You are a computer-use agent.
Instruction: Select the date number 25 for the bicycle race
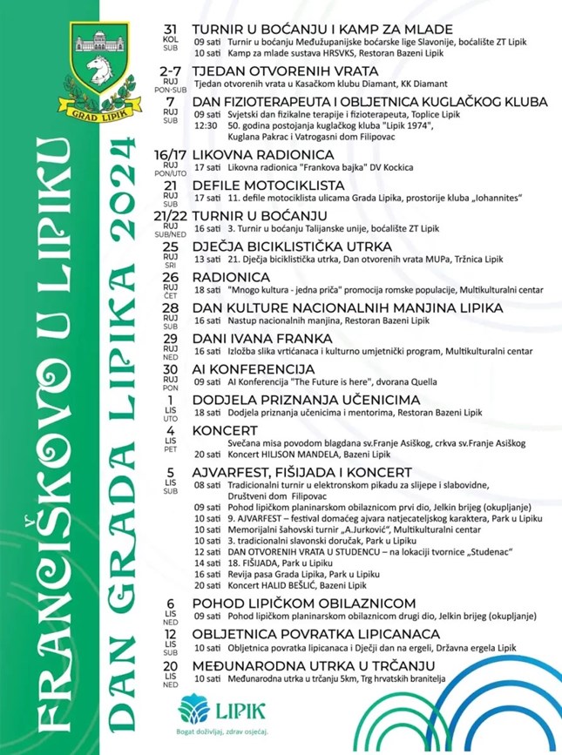tap(170, 246)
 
